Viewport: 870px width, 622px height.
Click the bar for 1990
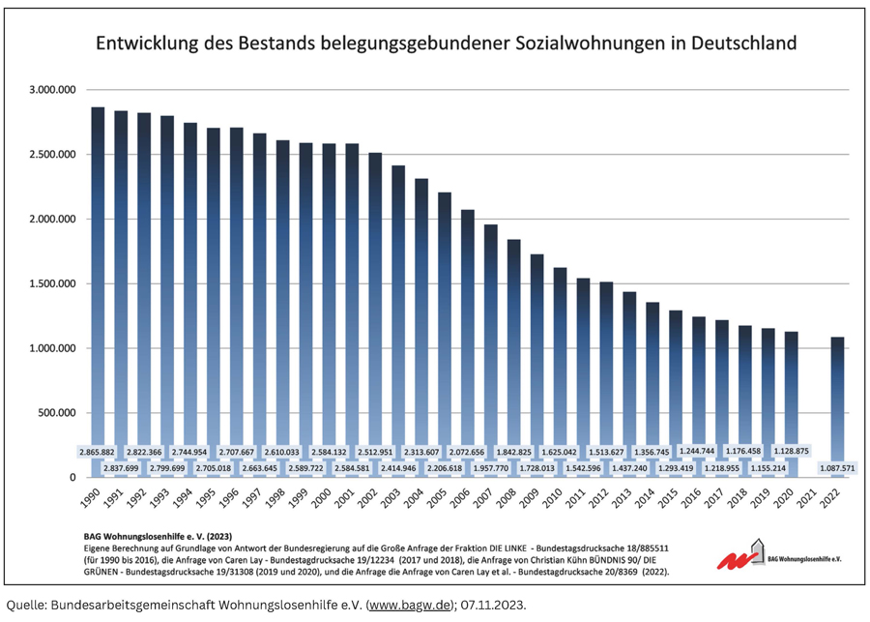(98, 290)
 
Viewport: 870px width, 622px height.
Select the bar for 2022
(837, 406)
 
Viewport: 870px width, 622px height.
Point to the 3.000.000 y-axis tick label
(53, 90)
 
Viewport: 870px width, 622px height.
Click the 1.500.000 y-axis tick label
(53, 283)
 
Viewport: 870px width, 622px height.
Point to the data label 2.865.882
(98, 452)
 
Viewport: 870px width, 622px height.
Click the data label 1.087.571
(837, 468)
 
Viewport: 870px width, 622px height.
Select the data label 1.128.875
(791, 452)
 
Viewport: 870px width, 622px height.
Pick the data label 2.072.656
(468, 452)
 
